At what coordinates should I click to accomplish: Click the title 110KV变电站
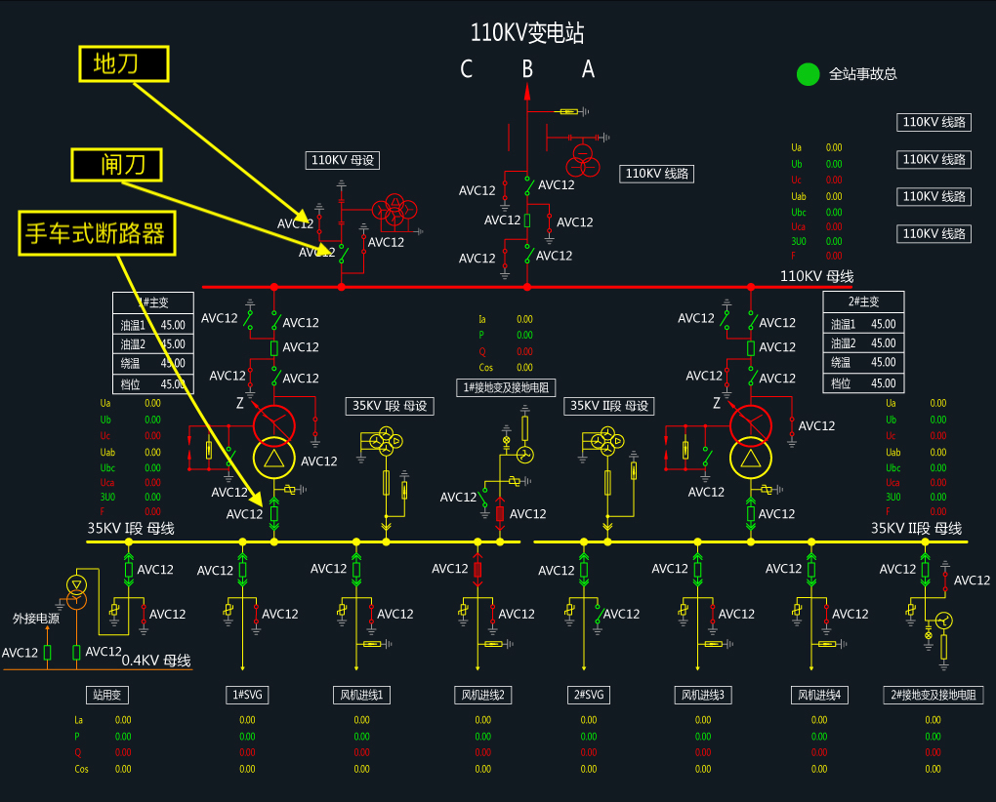(x=527, y=33)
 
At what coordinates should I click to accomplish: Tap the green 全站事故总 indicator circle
(x=808, y=74)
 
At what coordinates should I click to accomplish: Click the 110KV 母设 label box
(x=343, y=160)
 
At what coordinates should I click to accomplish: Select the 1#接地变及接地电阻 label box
(x=506, y=387)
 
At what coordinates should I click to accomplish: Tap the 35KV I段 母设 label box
(x=391, y=406)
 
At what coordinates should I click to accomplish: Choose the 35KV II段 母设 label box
(x=609, y=406)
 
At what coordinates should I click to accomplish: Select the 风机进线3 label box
(x=703, y=695)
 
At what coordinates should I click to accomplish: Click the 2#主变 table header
(x=863, y=301)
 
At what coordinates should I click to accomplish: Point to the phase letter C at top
(x=467, y=69)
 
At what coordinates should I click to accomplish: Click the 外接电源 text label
(x=35, y=618)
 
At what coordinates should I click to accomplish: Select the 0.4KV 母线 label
(x=156, y=661)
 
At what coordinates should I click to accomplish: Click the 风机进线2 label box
(x=483, y=695)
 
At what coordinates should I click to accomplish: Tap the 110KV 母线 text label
(x=816, y=276)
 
